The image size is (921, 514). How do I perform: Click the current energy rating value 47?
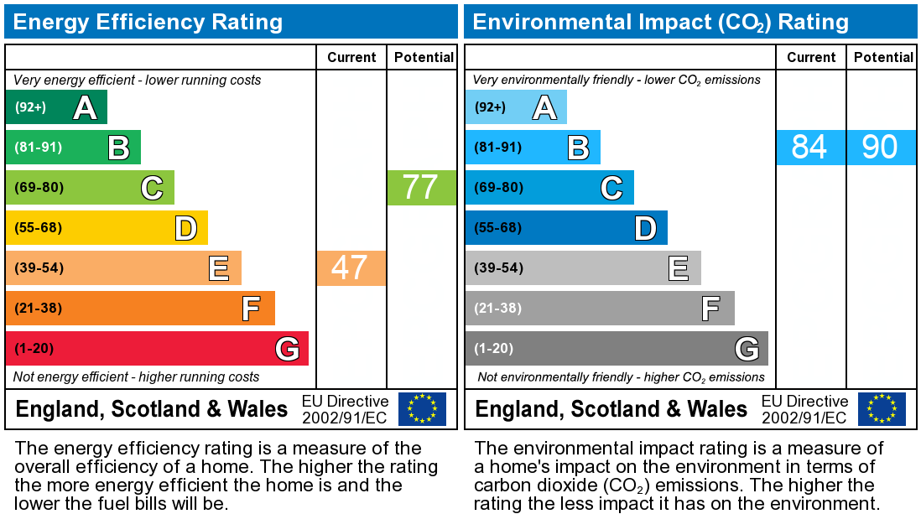tap(350, 267)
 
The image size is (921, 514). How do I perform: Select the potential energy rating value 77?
tap(420, 187)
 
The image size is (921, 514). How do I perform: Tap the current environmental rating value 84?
tap(809, 147)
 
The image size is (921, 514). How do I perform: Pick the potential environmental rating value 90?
tap(880, 147)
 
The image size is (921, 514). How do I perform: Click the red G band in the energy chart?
tap(157, 348)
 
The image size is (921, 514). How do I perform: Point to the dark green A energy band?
tap(56, 107)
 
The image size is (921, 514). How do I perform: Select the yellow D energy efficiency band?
tap(107, 227)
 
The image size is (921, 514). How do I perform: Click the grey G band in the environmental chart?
tap(617, 348)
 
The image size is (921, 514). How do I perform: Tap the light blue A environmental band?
tap(516, 107)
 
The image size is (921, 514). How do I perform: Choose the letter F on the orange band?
tap(250, 309)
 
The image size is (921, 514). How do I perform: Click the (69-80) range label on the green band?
tap(39, 187)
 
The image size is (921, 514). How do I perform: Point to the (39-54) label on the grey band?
tap(498, 267)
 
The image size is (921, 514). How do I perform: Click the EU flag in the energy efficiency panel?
tap(422, 408)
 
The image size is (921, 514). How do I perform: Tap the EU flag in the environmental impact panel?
tap(882, 408)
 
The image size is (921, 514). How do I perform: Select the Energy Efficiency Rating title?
tap(148, 22)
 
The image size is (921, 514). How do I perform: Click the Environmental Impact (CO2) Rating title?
tap(661, 22)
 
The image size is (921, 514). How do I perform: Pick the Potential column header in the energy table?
tap(423, 57)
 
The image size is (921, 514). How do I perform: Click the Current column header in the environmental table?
tap(811, 57)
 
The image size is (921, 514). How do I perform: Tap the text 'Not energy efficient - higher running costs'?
tap(137, 376)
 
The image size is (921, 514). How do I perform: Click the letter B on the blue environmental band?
tap(578, 148)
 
